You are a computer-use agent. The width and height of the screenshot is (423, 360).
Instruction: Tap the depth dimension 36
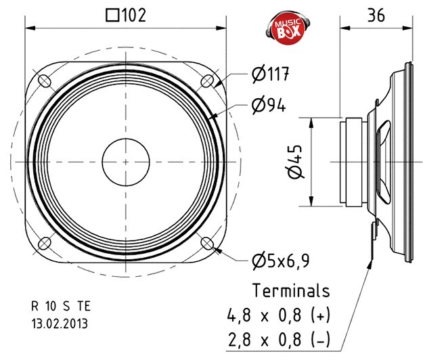pyautogui.click(x=376, y=15)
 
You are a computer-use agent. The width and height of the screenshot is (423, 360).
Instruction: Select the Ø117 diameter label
pyautogui.click(x=269, y=74)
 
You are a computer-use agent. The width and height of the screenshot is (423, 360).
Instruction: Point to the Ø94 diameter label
pyautogui.click(x=268, y=105)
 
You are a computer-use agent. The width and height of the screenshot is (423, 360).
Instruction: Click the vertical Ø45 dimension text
pyautogui.click(x=294, y=162)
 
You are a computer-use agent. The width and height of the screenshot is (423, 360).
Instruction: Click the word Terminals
pyautogui.click(x=291, y=291)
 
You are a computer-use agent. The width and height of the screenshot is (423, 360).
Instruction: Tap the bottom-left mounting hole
pyautogui.click(x=45, y=244)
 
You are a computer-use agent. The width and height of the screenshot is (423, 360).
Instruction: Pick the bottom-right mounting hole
pyautogui.click(x=206, y=244)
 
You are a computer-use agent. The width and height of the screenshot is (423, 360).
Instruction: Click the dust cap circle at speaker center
pyautogui.click(x=125, y=162)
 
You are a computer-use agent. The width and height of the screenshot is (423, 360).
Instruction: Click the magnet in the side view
pyautogui.click(x=353, y=162)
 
